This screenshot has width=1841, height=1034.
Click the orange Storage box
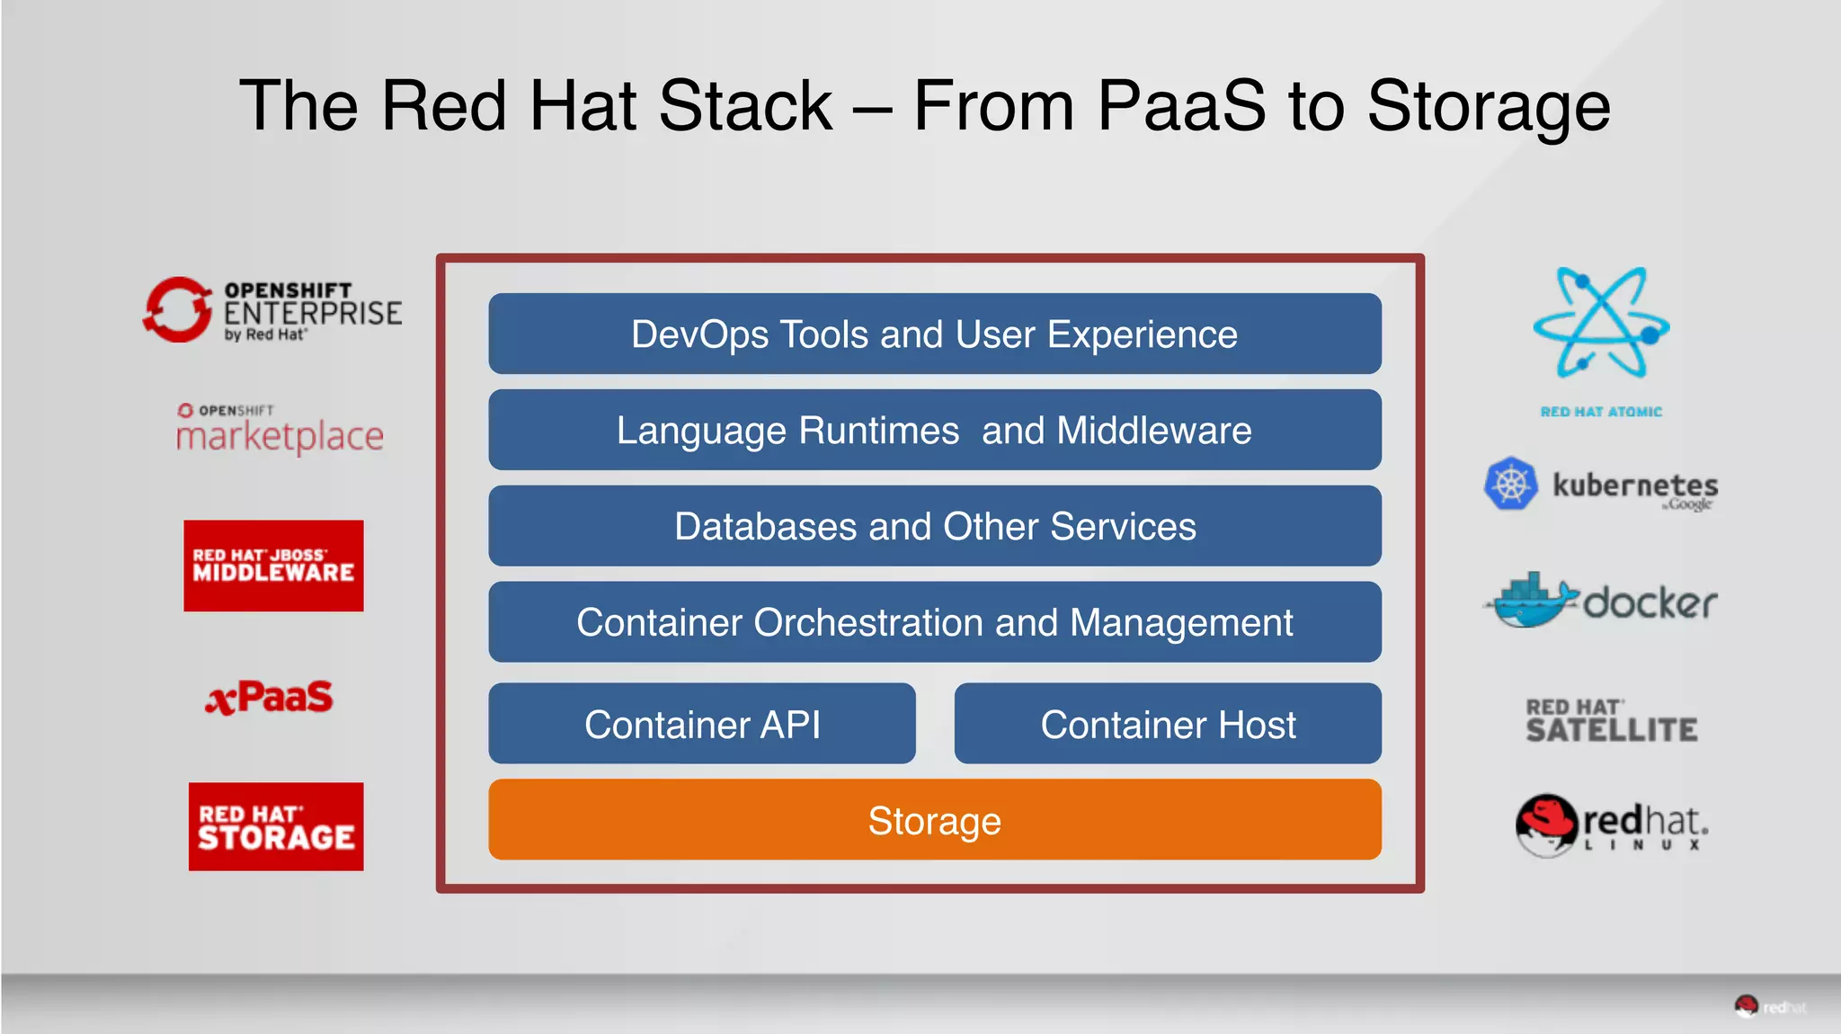click(934, 820)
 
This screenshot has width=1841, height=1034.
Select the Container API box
click(701, 724)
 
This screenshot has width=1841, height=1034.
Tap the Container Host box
click(1167, 724)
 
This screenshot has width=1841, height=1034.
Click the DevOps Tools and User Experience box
click(934, 334)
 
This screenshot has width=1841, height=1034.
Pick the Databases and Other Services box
click(934, 526)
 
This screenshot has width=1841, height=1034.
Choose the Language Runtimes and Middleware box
click(934, 430)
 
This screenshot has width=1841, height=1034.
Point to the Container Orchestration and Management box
click(934, 622)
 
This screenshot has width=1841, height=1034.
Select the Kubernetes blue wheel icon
click(1511, 484)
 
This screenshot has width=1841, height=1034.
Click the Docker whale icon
click(1531, 601)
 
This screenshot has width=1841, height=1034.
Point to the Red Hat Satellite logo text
click(1611, 721)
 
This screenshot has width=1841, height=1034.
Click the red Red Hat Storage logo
click(276, 826)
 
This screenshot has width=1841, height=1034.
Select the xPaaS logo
click(269, 698)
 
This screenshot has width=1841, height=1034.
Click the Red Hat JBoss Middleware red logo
click(273, 566)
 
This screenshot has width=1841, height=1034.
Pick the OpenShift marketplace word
click(280, 437)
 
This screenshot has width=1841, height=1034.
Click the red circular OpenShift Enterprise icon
click(177, 310)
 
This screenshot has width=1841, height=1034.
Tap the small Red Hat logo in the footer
click(1747, 1006)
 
